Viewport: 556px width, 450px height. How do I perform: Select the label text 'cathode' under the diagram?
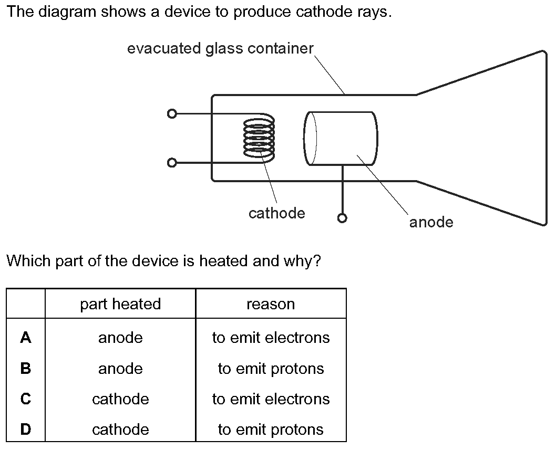[276, 213]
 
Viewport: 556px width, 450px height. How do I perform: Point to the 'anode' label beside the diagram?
[431, 222]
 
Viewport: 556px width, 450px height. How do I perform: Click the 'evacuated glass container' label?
[220, 49]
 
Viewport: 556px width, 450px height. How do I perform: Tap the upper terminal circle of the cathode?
[171, 114]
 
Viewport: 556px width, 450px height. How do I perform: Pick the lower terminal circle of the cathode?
[171, 163]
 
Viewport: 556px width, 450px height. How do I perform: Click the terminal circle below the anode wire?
[343, 218]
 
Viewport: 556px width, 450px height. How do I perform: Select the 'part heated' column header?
[120, 304]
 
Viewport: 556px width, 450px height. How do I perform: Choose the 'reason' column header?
[271, 304]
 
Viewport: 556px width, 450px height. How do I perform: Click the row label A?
[26, 338]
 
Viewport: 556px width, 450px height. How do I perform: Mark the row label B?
[26, 369]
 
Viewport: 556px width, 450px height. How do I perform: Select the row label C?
[26, 399]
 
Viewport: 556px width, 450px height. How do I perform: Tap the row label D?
[26, 430]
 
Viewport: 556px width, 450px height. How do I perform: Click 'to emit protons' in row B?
[271, 369]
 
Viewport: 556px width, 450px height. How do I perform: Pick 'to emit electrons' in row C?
[271, 399]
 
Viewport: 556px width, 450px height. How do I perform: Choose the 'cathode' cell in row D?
[120, 430]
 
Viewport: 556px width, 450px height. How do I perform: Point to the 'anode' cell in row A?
[120, 338]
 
